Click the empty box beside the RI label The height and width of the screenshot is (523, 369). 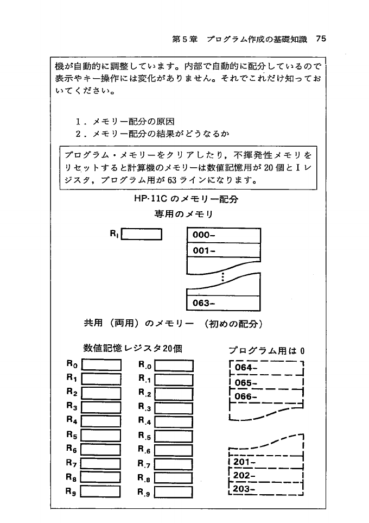142,235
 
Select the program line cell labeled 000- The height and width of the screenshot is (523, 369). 223,236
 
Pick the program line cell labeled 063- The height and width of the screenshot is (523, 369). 223,303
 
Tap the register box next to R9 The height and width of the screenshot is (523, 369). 100,493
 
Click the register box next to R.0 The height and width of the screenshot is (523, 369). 173,365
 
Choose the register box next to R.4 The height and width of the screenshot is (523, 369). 173,421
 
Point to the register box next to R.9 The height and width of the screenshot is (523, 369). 173,493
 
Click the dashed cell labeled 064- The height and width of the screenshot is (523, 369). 266,368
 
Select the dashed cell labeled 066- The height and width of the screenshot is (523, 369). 266,396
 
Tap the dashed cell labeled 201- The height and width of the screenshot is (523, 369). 266,462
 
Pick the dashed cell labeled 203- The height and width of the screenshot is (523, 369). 266,490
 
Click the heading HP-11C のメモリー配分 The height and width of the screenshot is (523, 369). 186,199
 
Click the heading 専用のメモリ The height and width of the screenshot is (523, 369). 183,215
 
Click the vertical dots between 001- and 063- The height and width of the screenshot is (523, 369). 223,279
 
